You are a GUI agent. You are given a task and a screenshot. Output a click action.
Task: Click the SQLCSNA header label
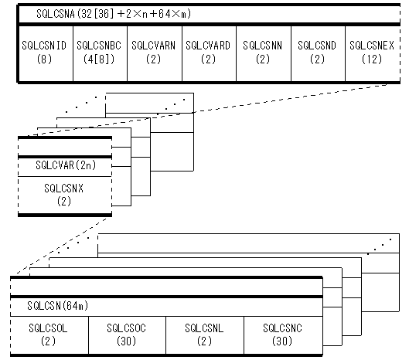click(x=114, y=14)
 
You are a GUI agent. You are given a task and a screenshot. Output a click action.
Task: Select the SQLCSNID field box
click(x=46, y=53)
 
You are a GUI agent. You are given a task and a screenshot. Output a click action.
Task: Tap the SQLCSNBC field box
click(x=101, y=53)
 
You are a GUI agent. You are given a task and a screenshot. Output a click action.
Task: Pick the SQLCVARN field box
click(x=155, y=53)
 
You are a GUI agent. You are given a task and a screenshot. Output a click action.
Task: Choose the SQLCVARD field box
click(x=209, y=53)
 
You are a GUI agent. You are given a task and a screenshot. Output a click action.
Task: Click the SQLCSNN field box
click(x=264, y=53)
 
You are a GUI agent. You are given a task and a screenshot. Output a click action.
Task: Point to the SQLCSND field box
click(x=318, y=53)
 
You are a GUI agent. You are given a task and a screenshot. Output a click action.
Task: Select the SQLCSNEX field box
click(x=373, y=53)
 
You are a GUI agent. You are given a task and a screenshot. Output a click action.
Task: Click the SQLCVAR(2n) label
click(x=66, y=165)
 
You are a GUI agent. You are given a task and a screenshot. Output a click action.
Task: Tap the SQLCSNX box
click(x=65, y=195)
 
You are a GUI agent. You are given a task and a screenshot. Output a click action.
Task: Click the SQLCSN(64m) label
click(x=58, y=305)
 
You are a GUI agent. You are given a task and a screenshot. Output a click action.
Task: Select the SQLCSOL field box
click(x=49, y=335)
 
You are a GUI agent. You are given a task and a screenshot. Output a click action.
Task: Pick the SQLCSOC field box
click(x=127, y=335)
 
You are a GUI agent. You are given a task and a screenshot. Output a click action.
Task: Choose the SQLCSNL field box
click(x=205, y=335)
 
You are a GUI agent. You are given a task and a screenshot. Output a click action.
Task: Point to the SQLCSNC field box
click(x=283, y=335)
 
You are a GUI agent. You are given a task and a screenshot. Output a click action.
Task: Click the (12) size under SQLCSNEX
click(x=372, y=59)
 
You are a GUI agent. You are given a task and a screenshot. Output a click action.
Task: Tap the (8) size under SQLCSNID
click(x=44, y=59)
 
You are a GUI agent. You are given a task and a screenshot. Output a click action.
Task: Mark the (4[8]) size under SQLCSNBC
click(x=99, y=59)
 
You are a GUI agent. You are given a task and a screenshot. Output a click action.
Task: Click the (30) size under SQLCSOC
click(x=126, y=341)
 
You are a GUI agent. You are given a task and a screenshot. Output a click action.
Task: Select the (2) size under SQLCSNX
click(x=64, y=201)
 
